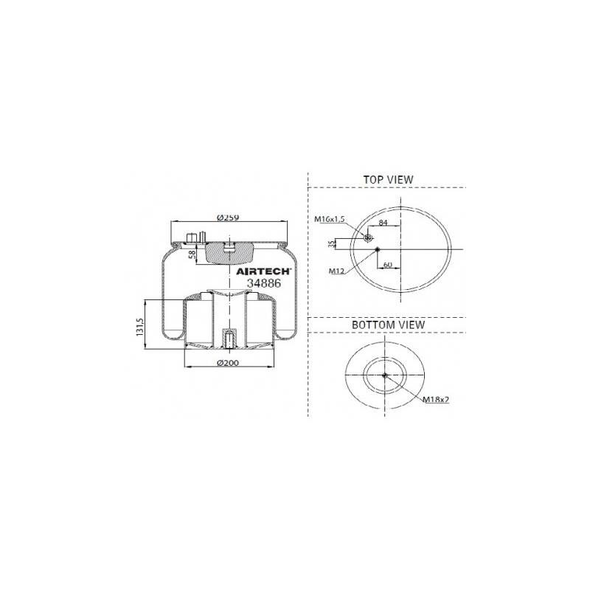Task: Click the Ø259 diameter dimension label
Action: point(228,218)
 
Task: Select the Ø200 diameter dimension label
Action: point(228,363)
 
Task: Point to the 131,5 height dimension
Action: point(140,327)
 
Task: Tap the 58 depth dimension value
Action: point(192,254)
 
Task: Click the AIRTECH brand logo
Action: point(263,271)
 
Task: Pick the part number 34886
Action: point(264,283)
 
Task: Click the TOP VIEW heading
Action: point(388,180)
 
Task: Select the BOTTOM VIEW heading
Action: point(389,324)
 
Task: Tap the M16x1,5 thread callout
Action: point(330,219)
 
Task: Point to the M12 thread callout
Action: point(336,271)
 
